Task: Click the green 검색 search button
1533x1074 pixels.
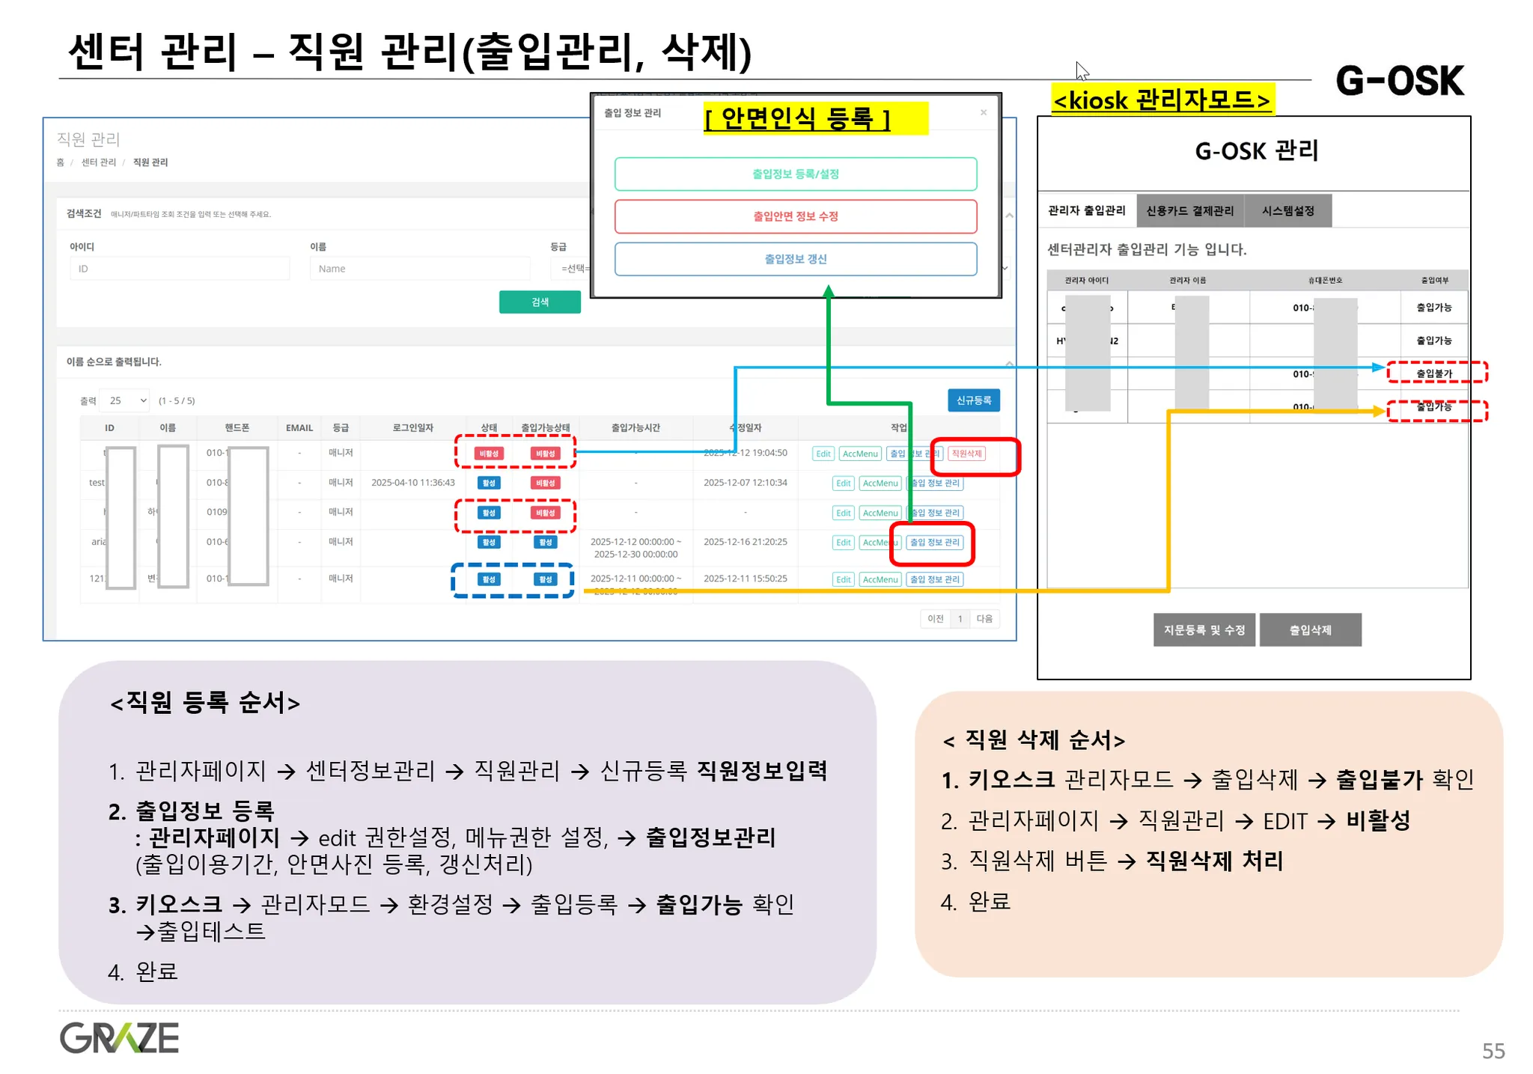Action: [540, 302]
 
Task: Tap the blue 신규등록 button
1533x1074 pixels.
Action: [973, 400]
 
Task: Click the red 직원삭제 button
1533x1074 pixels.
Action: [966, 454]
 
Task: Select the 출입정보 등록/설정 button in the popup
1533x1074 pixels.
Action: [795, 174]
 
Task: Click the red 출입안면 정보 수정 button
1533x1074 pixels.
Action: [795, 216]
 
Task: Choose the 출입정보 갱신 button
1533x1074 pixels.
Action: [795, 259]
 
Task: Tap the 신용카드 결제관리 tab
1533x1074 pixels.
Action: [1189, 211]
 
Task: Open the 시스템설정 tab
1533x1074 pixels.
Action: [1287, 211]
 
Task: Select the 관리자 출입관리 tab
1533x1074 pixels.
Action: [1086, 211]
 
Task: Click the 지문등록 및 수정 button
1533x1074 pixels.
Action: [1204, 630]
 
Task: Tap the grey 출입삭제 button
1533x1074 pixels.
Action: [1310, 630]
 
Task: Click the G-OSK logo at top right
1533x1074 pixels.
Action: [1399, 81]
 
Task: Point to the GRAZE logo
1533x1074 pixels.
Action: [119, 1038]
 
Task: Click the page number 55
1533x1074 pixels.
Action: [1493, 1051]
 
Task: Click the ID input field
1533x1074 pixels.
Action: [180, 269]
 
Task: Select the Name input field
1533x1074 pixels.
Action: [419, 269]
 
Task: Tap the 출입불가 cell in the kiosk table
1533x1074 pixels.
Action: [1434, 373]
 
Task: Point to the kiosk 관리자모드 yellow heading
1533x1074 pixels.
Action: [1162, 100]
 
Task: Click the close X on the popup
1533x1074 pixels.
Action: [984, 113]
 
